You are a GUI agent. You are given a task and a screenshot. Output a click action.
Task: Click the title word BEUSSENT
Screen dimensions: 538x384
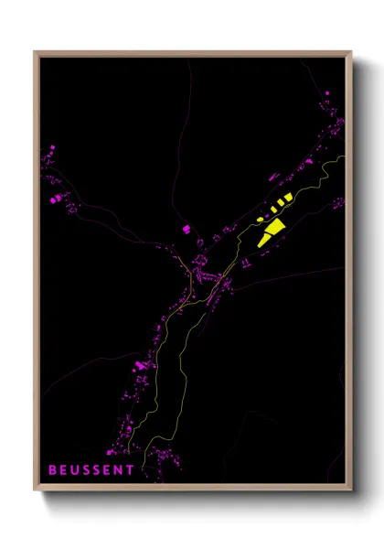91,470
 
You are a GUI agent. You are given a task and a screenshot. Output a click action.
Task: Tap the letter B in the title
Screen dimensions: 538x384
52,470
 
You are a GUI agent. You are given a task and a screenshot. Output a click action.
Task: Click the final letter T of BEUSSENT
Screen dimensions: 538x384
131,470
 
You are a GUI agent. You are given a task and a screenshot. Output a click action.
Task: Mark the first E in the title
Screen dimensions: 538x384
64,470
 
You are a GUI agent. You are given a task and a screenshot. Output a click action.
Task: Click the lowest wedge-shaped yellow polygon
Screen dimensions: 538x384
265,239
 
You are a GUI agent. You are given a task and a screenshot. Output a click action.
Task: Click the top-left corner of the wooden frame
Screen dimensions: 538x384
36,52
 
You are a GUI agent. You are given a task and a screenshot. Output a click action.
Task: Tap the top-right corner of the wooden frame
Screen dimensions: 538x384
350,52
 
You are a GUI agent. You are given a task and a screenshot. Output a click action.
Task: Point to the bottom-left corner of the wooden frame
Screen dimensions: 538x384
36,490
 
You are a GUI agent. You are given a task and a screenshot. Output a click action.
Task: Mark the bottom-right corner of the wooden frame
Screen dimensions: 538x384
350,490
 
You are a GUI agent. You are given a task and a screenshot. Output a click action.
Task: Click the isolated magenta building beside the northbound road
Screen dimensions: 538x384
186,228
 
